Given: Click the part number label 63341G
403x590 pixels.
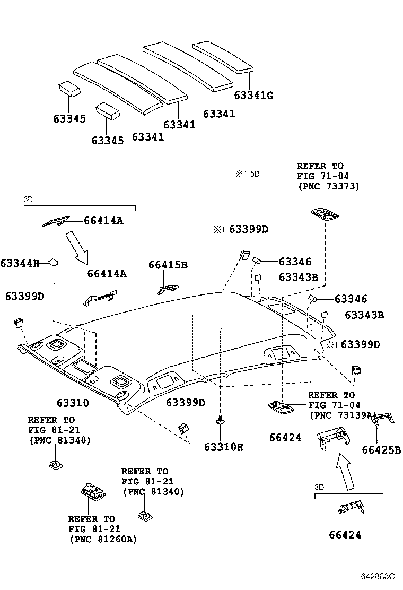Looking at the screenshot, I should [x=254, y=95].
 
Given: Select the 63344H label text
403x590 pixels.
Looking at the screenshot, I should [x=20, y=263].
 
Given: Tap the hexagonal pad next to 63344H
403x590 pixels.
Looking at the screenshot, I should [x=54, y=262].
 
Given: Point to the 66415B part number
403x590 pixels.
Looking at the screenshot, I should [x=168, y=265].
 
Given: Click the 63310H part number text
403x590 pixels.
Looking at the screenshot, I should [x=223, y=447].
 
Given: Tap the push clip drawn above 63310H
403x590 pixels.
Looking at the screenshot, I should [x=219, y=421].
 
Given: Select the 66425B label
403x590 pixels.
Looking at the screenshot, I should [x=381, y=450].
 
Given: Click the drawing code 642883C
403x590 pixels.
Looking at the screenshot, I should [x=379, y=576].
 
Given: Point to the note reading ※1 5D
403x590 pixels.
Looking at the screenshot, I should [x=248, y=173].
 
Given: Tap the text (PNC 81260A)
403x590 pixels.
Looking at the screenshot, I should [x=102, y=539].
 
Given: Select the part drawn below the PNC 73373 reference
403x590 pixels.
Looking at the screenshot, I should [x=325, y=213].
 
